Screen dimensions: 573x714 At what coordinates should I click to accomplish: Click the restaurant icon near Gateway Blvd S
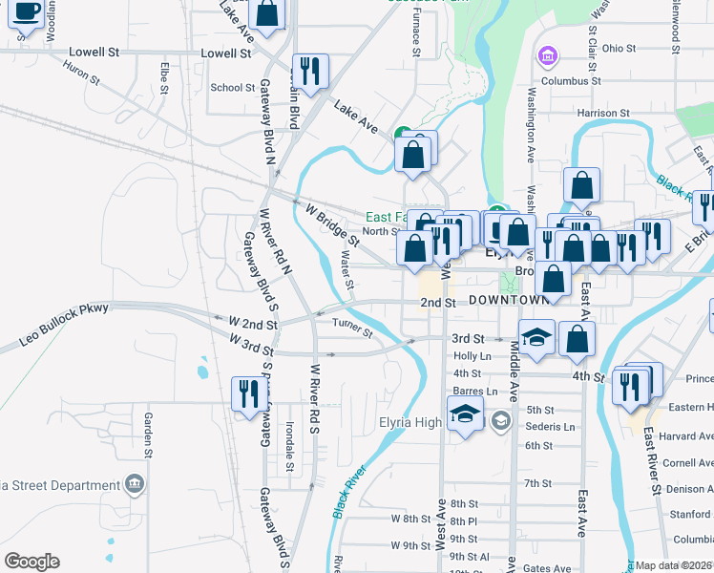click(246, 393)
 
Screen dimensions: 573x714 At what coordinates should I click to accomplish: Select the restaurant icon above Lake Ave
click(310, 70)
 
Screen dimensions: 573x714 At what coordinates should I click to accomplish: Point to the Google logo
click(31, 562)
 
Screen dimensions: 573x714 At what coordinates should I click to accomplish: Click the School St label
click(232, 87)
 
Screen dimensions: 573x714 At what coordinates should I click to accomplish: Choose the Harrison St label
click(603, 113)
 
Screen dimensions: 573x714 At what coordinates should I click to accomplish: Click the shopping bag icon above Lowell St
click(269, 15)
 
